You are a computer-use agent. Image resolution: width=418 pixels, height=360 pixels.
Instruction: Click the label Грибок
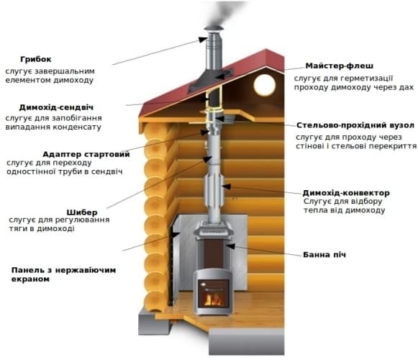36,60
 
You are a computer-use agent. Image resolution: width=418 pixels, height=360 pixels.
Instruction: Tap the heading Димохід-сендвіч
56,107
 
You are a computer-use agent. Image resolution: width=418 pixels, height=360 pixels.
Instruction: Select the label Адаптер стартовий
86,155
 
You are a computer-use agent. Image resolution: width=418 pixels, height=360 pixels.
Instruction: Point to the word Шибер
82,212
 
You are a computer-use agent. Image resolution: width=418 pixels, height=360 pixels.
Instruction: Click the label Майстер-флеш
340,66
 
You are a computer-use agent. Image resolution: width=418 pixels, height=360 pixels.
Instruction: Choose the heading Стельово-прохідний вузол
355,125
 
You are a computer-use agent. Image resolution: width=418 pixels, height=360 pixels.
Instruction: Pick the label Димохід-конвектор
346,193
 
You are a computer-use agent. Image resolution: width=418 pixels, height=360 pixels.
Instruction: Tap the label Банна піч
324,255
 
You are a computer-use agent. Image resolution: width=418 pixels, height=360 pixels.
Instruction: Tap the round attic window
265,85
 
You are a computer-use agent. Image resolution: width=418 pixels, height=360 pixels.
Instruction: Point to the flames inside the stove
213,300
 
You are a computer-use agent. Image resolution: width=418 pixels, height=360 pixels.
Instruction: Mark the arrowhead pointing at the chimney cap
203,40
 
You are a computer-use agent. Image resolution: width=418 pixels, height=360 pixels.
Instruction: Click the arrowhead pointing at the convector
227,186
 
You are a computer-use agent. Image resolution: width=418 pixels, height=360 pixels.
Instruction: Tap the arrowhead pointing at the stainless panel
176,235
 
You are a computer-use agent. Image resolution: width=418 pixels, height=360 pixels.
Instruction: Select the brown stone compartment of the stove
213,253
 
